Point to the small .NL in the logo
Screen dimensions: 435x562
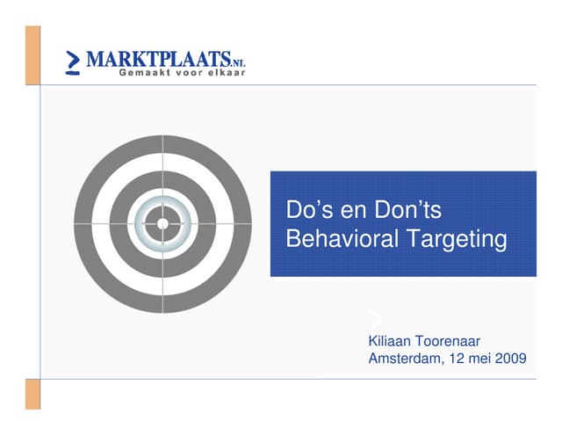[x=238, y=62]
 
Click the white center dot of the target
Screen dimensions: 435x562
[x=162, y=224]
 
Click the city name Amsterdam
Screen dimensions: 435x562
[x=406, y=359]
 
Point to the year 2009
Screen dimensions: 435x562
[x=510, y=359]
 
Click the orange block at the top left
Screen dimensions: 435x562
[x=32, y=54]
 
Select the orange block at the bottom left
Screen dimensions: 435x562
[x=32, y=394]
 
